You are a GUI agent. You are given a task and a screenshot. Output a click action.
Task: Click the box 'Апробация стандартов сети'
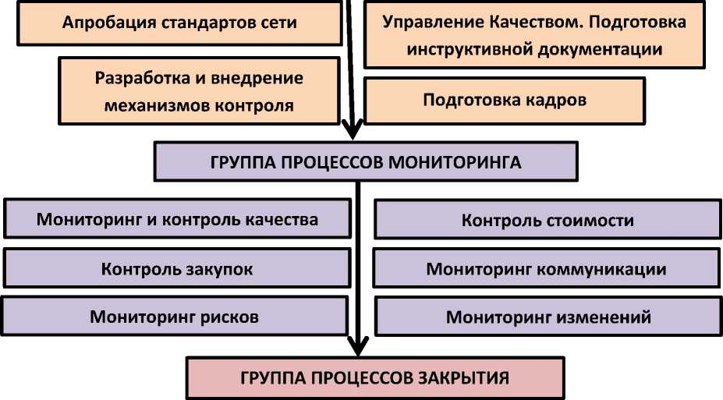(179, 22)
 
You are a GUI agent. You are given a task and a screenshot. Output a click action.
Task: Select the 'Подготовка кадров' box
(504, 101)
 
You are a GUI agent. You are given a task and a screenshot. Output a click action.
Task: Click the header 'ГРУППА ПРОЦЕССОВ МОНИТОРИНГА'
(366, 162)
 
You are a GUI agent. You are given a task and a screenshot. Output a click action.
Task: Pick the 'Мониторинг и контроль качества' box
(177, 219)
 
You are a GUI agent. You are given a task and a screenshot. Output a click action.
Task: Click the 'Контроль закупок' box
(177, 269)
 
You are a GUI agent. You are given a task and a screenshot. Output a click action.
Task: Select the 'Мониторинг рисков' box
(174, 317)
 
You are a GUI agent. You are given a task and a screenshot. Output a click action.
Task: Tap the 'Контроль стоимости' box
(547, 221)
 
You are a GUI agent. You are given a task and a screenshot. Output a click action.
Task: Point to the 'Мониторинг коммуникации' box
(546, 269)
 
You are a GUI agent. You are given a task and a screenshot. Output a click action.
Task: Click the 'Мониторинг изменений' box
(548, 317)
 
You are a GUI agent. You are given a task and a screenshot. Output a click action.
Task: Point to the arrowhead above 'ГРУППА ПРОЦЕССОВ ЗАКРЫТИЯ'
(357, 345)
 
